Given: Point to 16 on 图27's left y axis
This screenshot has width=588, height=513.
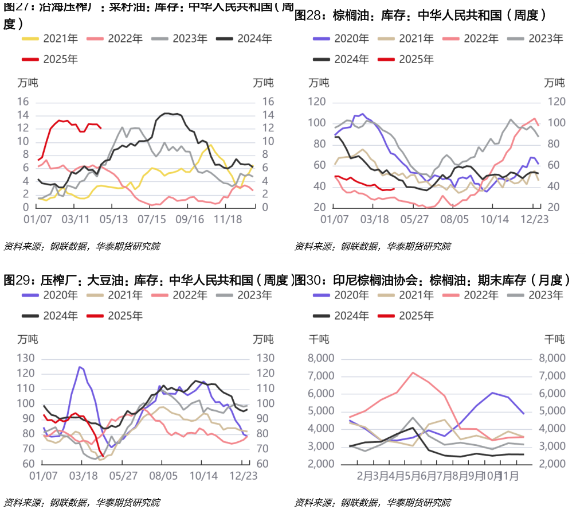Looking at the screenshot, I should coord(23,102).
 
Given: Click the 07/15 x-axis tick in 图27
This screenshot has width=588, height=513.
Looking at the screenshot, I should coord(151,219).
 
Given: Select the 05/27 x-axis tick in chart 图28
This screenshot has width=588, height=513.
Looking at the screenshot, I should coord(414,219).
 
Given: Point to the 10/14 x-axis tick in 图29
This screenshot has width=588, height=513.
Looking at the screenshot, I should coord(203,476).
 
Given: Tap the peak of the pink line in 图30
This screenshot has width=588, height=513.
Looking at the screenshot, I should coord(413,372).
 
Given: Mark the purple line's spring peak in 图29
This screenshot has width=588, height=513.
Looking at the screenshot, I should coord(80,367).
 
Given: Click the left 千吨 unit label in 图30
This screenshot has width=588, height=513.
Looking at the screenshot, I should coord(319,339).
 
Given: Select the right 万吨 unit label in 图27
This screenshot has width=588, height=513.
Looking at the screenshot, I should coord(262,83).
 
